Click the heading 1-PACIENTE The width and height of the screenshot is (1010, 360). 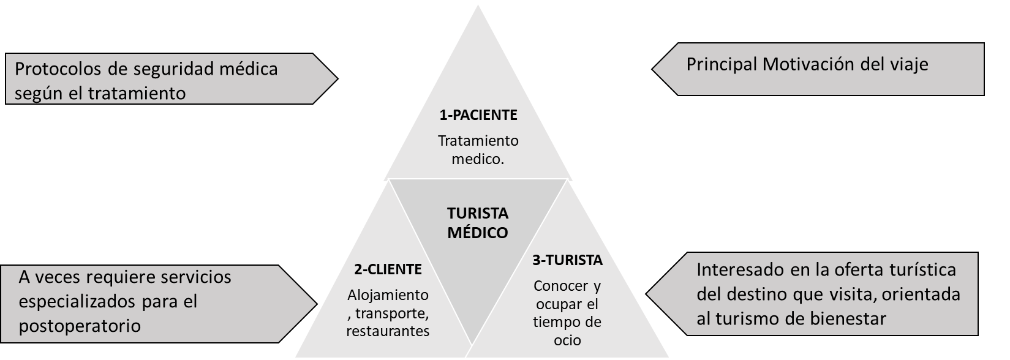478,114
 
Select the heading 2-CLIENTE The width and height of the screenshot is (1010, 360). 388,269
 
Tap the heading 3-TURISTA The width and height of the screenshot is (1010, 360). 567,260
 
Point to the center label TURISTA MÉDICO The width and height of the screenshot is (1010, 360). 478,223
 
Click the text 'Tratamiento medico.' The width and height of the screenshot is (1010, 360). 478,149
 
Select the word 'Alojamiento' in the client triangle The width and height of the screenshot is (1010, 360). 388,295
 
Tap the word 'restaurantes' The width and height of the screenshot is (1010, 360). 388,331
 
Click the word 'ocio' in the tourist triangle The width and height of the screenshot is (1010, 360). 567,340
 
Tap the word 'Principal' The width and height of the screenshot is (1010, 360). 720,64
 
